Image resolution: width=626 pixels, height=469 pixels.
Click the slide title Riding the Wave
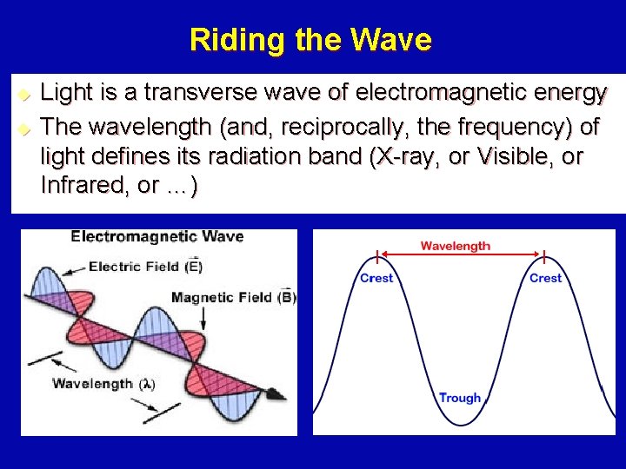tap(310, 40)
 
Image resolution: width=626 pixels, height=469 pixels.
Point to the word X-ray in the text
tap(411, 158)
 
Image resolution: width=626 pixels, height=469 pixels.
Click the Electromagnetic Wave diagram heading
tap(156, 236)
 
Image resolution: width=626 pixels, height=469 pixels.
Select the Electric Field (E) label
tap(145, 266)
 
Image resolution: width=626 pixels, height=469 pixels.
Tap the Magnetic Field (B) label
tap(233, 298)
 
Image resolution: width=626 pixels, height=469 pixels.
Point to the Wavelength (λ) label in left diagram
tap(103, 383)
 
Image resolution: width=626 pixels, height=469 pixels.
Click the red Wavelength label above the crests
tap(456, 246)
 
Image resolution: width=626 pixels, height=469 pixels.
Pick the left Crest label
tap(376, 278)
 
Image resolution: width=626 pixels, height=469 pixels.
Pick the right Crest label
tap(545, 278)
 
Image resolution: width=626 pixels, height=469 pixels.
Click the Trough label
tap(460, 398)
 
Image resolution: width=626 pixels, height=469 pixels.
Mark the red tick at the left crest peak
tap(376, 257)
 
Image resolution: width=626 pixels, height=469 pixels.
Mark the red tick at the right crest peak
tap(545, 257)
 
